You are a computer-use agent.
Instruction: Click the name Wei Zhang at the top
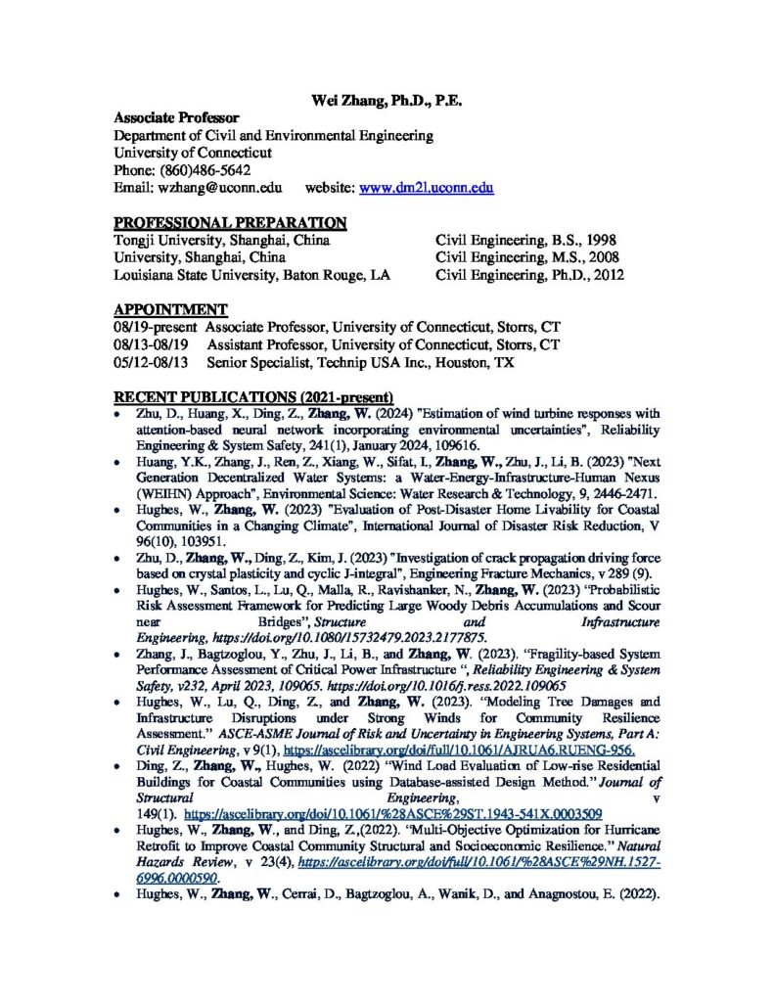344,100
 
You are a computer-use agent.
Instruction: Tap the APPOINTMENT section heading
171,310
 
